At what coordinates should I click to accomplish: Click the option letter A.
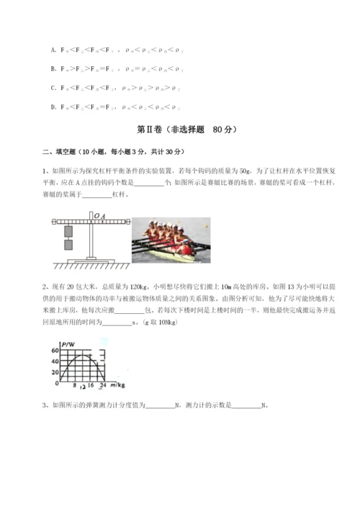[x=53, y=50]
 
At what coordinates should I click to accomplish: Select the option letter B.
[x=53, y=69]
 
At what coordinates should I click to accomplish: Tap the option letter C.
[x=53, y=88]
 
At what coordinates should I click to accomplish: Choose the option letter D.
[x=53, y=107]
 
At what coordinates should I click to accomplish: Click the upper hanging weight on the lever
[x=69, y=232]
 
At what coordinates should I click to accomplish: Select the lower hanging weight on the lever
[x=69, y=245]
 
